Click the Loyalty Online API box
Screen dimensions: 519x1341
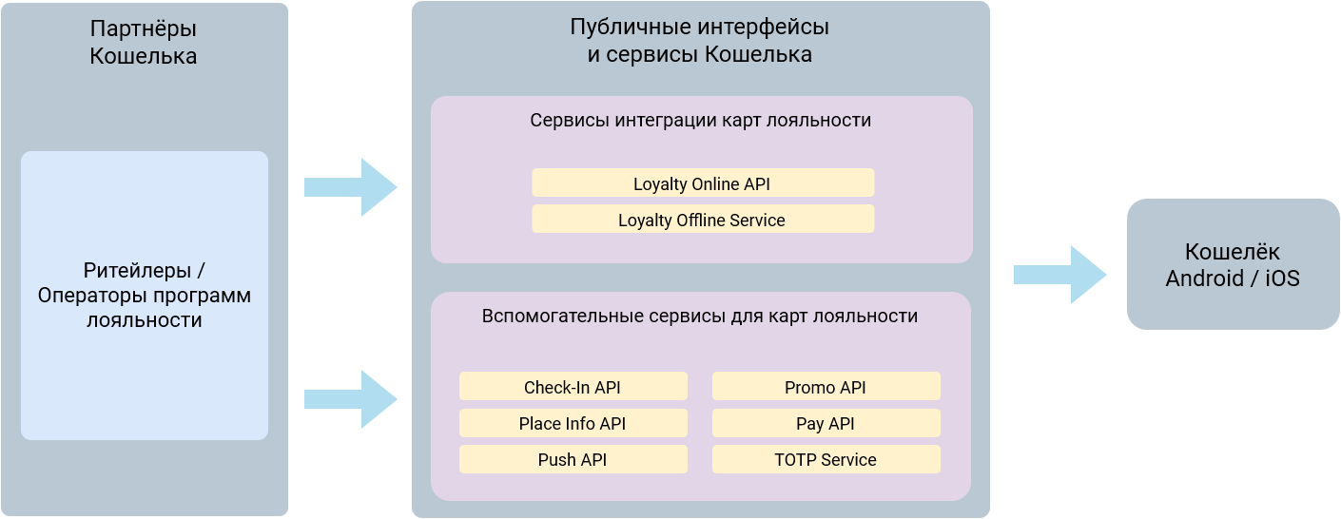702,183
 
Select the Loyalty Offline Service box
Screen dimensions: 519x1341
702,220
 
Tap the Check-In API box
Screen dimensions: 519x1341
573,387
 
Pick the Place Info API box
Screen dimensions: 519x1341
573,423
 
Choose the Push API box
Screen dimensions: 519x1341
573,459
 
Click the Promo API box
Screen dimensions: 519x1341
826,387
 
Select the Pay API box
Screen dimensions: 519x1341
826,423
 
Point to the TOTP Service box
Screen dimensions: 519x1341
826,459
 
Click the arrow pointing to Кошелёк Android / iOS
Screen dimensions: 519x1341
1059,275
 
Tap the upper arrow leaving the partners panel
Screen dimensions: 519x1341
350,187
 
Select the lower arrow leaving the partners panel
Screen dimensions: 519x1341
350,399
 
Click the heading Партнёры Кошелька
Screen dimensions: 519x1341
144,43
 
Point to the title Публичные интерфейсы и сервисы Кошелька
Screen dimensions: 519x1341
700,41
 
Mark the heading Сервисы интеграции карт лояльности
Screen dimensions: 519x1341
701,121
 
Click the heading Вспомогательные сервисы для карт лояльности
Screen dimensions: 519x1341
700,317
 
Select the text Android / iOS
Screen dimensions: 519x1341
1233,279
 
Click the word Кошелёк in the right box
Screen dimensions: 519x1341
1233,252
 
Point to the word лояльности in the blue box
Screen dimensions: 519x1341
145,320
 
